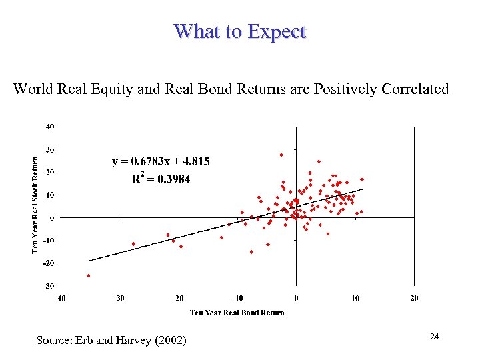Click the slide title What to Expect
point(240,31)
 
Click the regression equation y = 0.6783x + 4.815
point(161,161)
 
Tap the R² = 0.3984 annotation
point(161,178)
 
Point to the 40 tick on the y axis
point(50,126)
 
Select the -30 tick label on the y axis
point(49,286)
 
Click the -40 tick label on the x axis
point(60,297)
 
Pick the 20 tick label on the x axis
point(414,297)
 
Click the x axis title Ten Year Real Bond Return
point(237,313)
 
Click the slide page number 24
point(435,337)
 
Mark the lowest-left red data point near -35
point(88,275)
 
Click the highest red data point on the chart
point(281,155)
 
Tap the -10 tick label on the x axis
point(237,297)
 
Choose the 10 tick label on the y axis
point(50,195)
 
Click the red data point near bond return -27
point(134,244)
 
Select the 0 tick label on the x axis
point(296,297)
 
